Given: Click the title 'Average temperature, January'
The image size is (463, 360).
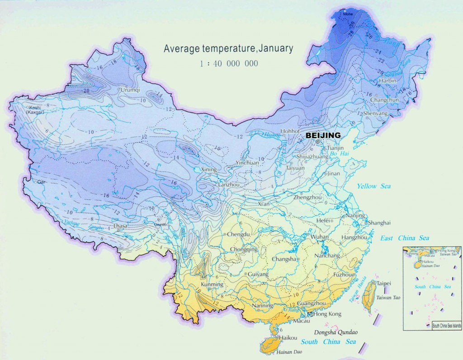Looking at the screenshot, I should click(x=228, y=48).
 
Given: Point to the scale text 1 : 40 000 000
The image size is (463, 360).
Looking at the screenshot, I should click(x=229, y=64).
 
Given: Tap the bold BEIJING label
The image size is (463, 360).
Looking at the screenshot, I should click(x=323, y=135).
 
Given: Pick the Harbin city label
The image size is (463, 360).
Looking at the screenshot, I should click(x=388, y=80).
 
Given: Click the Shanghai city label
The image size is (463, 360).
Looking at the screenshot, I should click(x=379, y=223).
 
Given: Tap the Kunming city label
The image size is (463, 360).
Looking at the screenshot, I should click(x=212, y=285).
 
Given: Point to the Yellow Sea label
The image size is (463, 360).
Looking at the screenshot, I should click(x=373, y=186).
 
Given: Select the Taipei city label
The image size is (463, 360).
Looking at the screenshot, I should click(x=383, y=283).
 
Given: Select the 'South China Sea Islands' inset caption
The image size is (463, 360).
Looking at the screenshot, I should click(x=446, y=325).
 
